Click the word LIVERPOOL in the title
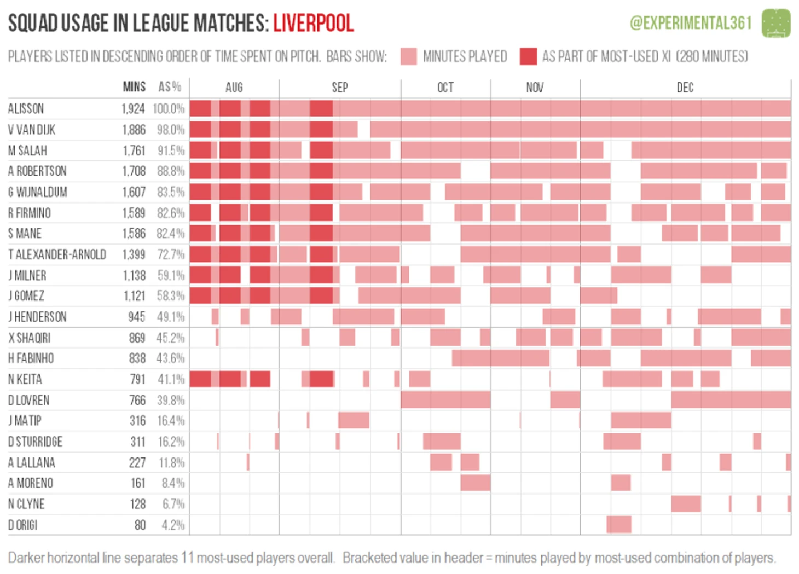[x=313, y=23]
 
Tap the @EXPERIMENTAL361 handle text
[x=691, y=23]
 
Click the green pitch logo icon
[x=776, y=23]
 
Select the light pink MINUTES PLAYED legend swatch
[x=408, y=56]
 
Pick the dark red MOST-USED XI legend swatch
[x=528, y=56]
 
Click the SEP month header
[x=339, y=88]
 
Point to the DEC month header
[x=685, y=88]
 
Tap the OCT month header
[x=445, y=88]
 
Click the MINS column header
[x=134, y=87]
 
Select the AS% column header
[x=170, y=87]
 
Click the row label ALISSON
[x=26, y=108]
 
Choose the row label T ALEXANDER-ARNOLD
[x=57, y=254]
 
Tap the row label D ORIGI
[x=22, y=525]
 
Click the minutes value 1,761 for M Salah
[x=134, y=150]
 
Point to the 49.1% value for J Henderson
[x=171, y=317]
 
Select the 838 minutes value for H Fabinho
[x=137, y=358]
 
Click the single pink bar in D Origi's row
[x=619, y=524]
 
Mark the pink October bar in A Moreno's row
[x=475, y=483]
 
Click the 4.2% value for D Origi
[x=173, y=525]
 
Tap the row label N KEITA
[x=25, y=379]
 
